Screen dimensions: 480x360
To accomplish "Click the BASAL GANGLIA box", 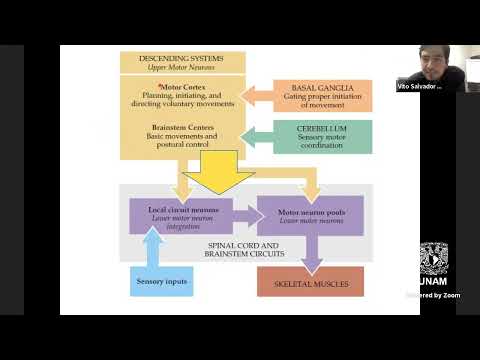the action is point(323,95).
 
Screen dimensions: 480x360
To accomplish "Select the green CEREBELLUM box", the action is point(323,137).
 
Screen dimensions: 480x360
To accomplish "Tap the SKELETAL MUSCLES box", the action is point(311,282).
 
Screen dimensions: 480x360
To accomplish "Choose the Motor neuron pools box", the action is point(311,215).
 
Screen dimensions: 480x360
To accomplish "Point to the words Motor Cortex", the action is point(157,89).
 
